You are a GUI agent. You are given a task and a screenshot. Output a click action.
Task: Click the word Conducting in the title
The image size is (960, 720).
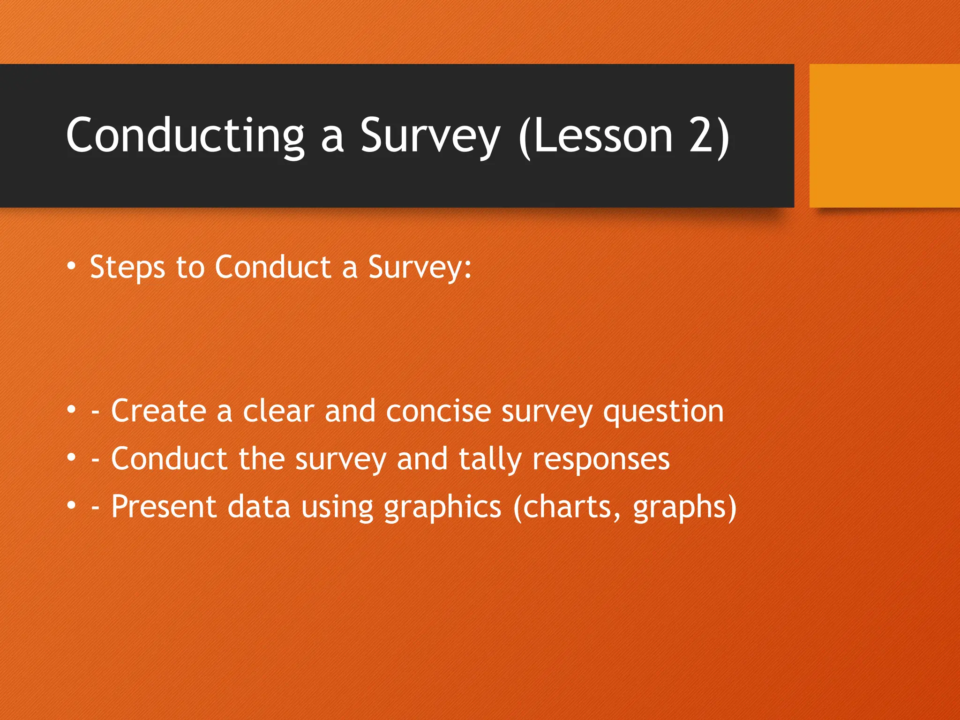(186, 136)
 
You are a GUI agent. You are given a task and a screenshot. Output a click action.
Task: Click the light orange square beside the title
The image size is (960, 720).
(884, 135)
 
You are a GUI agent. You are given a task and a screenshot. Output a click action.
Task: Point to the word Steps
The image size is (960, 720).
(127, 268)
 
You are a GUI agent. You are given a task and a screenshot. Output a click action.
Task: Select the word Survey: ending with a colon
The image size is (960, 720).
(420, 268)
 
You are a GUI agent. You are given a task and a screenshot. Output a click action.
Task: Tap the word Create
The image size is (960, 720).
(158, 411)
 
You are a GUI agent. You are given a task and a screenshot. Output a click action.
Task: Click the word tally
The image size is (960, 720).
(489, 459)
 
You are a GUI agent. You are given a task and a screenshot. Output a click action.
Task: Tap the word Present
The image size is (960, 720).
(164, 507)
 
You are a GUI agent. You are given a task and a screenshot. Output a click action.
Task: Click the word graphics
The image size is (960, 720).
(442, 508)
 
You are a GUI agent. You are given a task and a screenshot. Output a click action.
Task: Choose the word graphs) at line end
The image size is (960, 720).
(684, 508)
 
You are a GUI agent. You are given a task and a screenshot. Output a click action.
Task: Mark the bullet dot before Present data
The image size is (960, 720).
(71, 505)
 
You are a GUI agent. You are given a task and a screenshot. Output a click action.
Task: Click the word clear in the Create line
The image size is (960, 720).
(278, 411)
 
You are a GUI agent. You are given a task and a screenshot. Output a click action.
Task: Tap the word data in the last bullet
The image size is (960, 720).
(259, 507)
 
